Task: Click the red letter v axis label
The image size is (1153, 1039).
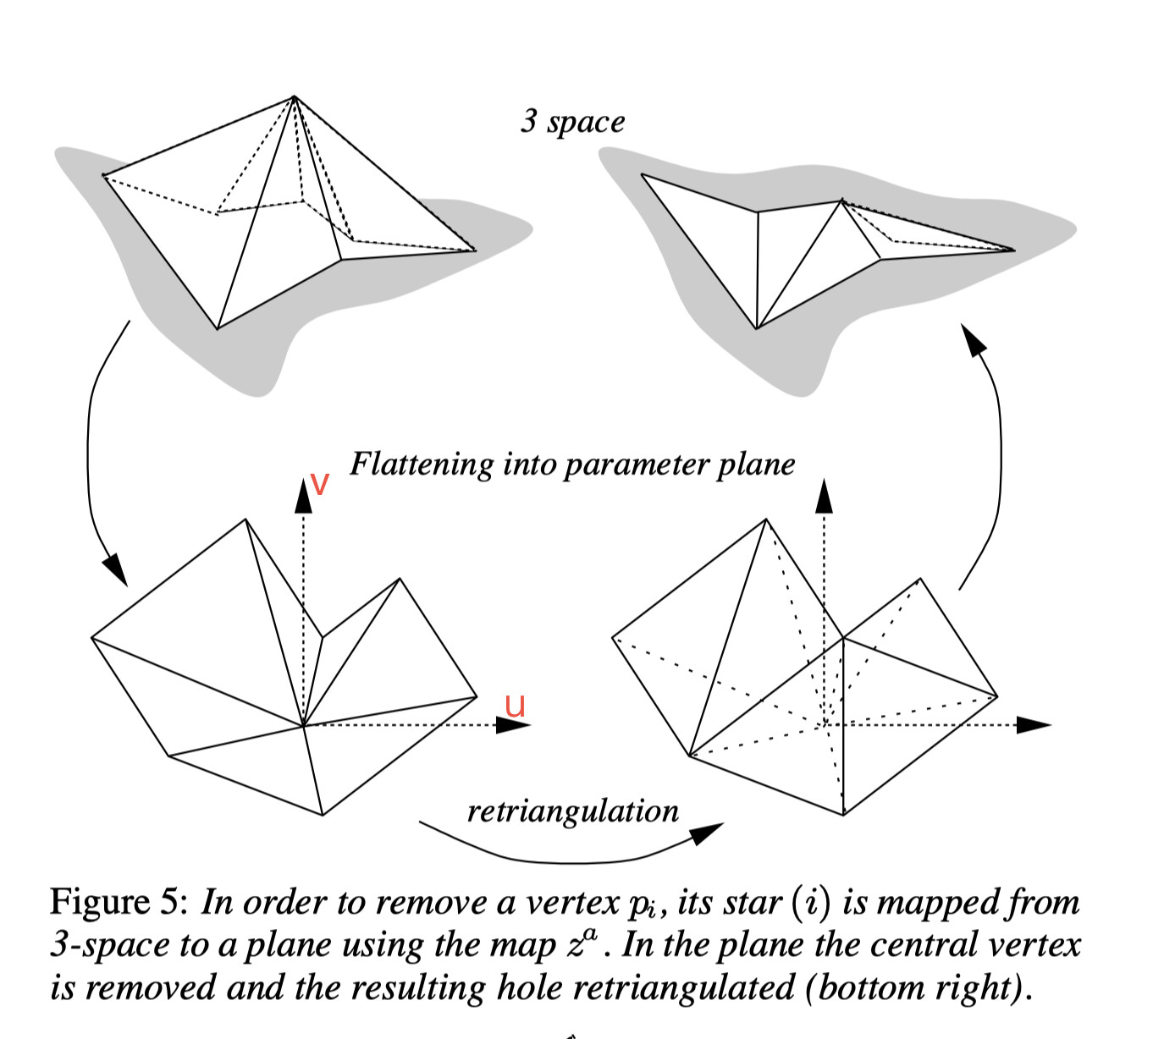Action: click(319, 484)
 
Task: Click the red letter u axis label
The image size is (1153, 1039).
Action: click(515, 705)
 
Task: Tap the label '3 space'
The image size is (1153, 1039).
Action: click(572, 122)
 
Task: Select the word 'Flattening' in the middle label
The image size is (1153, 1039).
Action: click(421, 464)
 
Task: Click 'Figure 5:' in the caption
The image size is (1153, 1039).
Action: click(118, 902)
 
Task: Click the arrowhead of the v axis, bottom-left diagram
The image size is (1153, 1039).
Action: click(303, 496)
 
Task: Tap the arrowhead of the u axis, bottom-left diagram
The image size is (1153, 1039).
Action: click(513, 725)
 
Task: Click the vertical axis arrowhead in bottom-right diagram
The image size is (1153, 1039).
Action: click(823, 496)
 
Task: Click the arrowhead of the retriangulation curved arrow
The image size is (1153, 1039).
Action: click(708, 833)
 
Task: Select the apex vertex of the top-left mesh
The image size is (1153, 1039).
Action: click(294, 97)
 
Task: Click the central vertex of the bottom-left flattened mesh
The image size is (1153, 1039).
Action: click(303, 725)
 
